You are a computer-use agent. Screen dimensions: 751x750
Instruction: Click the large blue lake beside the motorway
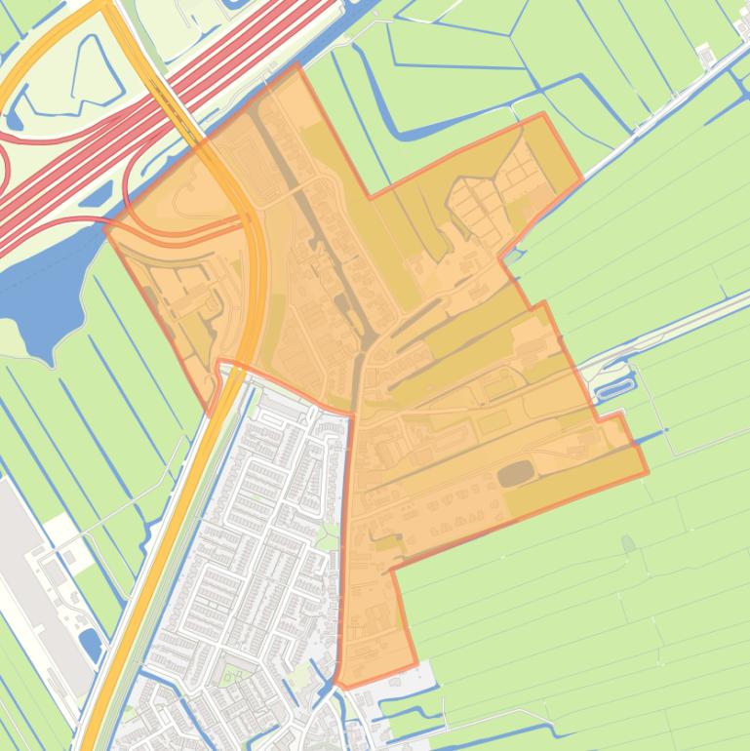coord(39,293)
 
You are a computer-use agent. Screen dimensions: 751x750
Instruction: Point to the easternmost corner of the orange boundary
coord(648,475)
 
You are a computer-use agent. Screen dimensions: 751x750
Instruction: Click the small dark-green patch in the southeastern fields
coord(627,542)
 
